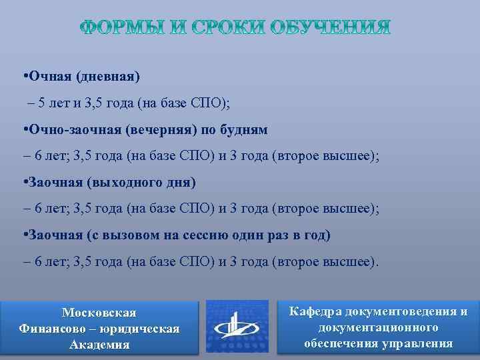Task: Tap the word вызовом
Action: pyautogui.click(x=142, y=235)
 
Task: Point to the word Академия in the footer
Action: pyautogui.click(x=99, y=345)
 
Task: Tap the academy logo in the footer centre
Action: pyautogui.click(x=238, y=326)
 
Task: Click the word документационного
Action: pyautogui.click(x=378, y=327)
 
